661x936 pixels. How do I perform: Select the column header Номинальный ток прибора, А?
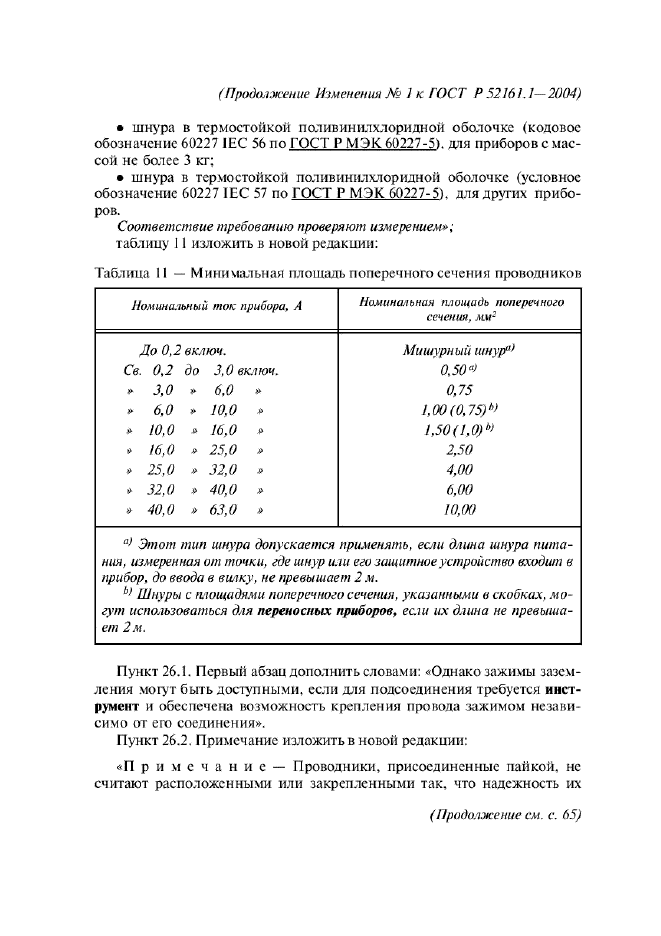pyautogui.click(x=216, y=307)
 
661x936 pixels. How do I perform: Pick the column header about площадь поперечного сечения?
pyautogui.click(x=459, y=307)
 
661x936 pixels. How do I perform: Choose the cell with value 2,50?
pyautogui.click(x=459, y=450)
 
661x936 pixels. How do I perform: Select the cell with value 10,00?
pyautogui.click(x=459, y=510)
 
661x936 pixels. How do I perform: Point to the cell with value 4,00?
pyautogui.click(x=459, y=470)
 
